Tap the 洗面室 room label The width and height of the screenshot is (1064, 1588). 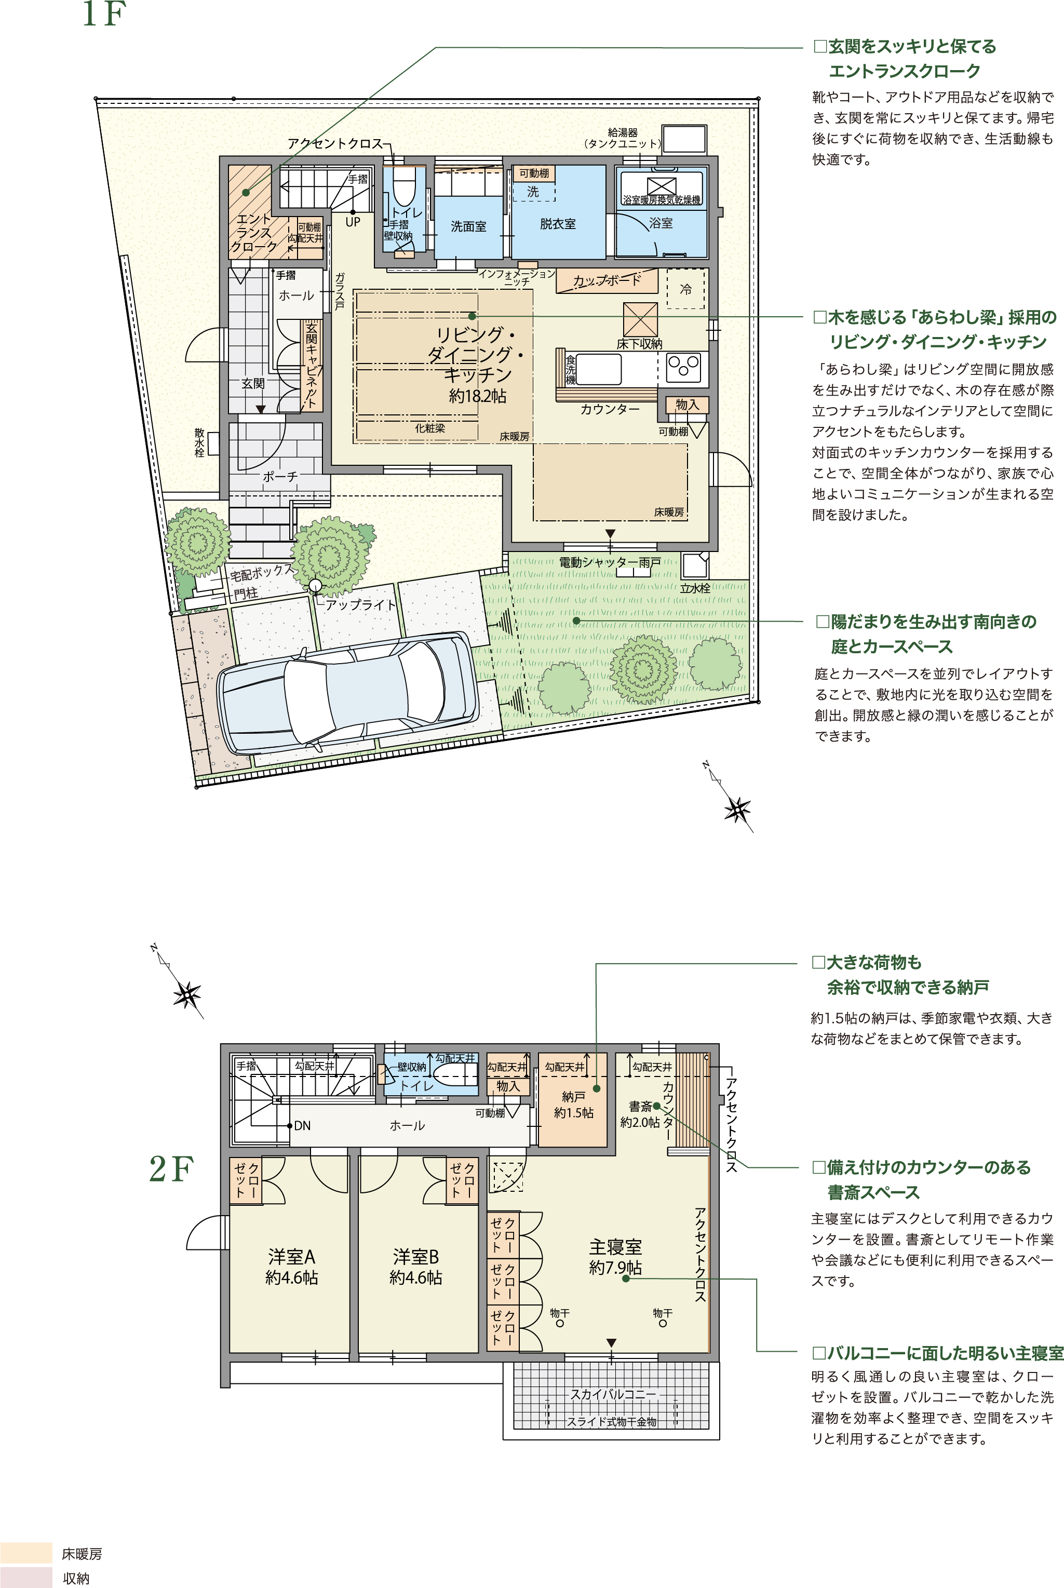pos(468,226)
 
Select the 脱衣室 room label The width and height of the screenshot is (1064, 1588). pos(558,223)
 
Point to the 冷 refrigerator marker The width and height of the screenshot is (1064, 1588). pos(685,289)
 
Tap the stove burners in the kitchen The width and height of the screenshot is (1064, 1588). pos(683,367)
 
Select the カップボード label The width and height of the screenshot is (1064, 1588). pos(607,279)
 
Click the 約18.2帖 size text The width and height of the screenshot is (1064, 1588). pos(478,396)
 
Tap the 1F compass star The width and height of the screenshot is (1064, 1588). pos(737,809)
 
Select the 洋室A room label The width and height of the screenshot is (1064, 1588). pos(292,1257)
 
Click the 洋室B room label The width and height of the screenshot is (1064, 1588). pos(416,1257)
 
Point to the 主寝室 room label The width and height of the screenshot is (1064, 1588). pos(615,1247)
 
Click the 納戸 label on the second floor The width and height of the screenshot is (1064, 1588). pos(573,1096)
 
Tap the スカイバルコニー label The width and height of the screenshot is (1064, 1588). pos(613,1394)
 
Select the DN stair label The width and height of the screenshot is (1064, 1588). pos(302,1125)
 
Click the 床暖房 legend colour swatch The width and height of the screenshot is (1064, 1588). pos(26,1553)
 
